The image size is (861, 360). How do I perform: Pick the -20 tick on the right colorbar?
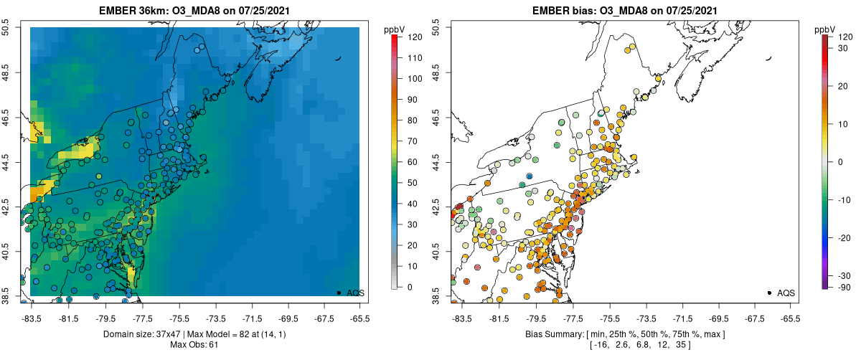coord(845,237)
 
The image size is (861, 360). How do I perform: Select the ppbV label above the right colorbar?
coord(825,29)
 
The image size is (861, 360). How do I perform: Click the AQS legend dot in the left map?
coord(339,293)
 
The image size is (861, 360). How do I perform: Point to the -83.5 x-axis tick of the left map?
coord(31,318)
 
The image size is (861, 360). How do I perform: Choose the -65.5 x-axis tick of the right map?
coord(789,318)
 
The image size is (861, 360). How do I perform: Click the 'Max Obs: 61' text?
coord(194,345)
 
